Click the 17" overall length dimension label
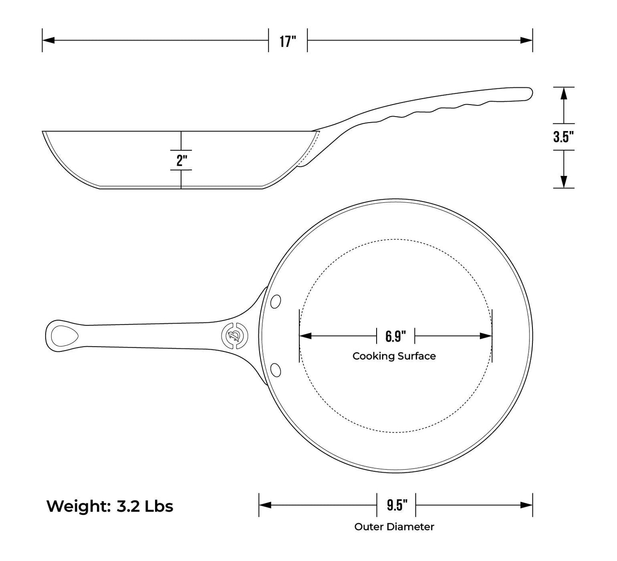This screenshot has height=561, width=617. point(288,41)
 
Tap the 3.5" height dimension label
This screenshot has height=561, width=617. point(564,137)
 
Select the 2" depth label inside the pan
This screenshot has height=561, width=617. point(181,160)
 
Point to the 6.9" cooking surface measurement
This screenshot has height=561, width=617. point(395,336)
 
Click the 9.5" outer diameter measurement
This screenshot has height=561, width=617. point(397,505)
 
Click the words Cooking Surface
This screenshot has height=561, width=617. point(394,356)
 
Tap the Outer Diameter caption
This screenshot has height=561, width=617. point(394,527)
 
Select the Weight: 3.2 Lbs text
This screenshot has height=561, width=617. point(110,506)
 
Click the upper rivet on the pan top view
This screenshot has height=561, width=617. point(275,301)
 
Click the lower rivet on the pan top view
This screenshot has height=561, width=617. point(275,370)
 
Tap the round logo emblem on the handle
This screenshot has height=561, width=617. point(235,336)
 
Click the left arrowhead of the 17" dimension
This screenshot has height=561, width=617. point(49,40)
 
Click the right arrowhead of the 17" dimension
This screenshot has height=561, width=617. point(526,40)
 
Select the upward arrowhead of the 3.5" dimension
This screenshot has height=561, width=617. point(564,93)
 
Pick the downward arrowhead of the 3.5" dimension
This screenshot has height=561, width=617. point(564,182)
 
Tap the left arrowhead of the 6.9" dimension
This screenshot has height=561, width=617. point(305,336)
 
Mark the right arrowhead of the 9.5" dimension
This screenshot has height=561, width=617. point(526,505)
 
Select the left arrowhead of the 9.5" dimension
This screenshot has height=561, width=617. point(265,505)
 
